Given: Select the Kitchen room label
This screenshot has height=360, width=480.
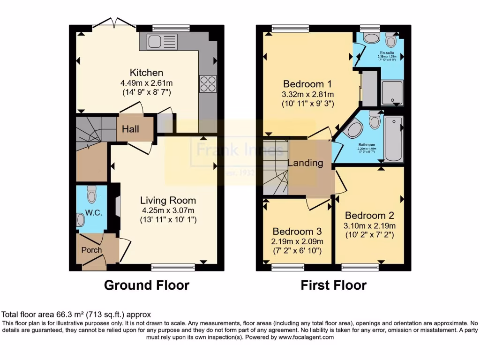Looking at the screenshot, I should point(146,73).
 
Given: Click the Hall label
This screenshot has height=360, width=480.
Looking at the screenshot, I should point(130,128).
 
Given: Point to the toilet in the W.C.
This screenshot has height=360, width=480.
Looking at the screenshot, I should point(91,194).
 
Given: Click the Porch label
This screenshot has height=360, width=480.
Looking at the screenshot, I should point(91,250).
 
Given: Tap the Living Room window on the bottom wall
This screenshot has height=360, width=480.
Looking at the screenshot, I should point(173,267).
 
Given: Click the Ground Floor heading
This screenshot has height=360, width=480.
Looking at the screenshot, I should point(146,285).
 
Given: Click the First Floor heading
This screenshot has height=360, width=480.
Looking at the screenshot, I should point(333,285).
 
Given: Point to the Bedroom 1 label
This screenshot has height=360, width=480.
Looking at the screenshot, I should point(307,84).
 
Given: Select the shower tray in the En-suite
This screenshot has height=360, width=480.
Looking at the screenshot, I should point(392,93).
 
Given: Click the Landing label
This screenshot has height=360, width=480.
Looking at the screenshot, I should point(305,163).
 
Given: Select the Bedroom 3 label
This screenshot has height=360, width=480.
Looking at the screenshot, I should point(297,232).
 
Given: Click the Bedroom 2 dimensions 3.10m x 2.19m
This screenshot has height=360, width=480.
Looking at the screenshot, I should point(369,225).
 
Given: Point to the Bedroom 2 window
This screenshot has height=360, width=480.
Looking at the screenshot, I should point(360,267).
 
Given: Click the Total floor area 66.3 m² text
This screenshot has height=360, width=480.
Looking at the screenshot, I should point(76,315).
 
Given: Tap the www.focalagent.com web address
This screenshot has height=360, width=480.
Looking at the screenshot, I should point(306,337).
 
